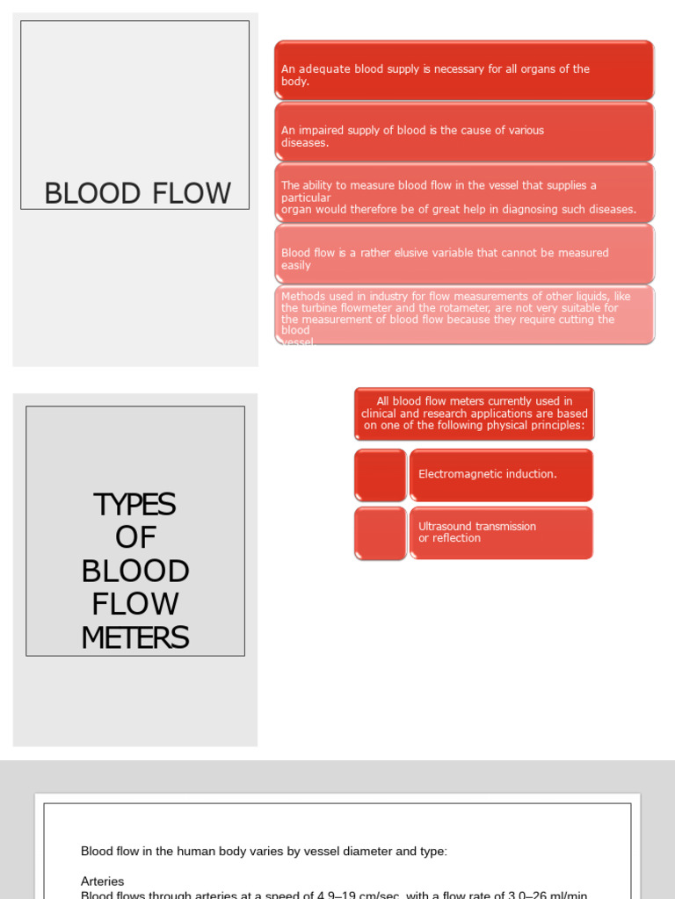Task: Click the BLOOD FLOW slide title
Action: pyautogui.click(x=137, y=193)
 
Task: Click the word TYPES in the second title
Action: pyautogui.click(x=134, y=505)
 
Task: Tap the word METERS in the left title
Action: pyautogui.click(x=134, y=638)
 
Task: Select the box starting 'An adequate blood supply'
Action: pyautogui.click(x=464, y=70)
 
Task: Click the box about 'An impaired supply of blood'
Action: pyautogui.click(x=464, y=133)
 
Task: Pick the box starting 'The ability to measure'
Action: pyautogui.click(x=464, y=194)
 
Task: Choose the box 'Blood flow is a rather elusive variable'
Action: pyautogui.click(x=464, y=255)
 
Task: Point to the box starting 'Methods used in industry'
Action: pyautogui.click(x=464, y=314)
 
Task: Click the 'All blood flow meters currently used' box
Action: pyautogui.click(x=474, y=414)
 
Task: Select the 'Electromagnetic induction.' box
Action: pyautogui.click(x=501, y=475)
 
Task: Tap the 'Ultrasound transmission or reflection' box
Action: pyautogui.click(x=501, y=533)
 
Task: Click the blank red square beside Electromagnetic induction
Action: pyautogui.click(x=380, y=475)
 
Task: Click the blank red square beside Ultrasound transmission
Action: pyautogui.click(x=380, y=533)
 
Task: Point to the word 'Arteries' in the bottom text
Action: pyautogui.click(x=102, y=881)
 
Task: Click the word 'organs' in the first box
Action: pyautogui.click(x=524, y=69)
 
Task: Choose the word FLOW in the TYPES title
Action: pyautogui.click(x=134, y=605)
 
